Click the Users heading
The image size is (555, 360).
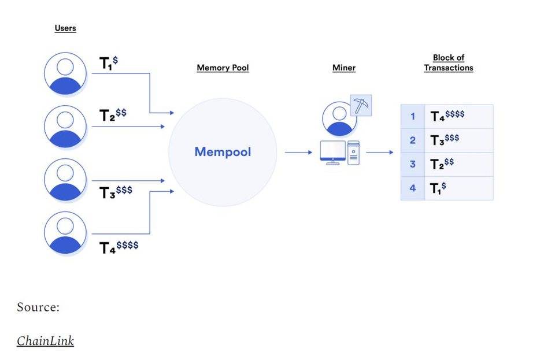pos(65,28)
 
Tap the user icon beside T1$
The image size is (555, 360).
pos(65,74)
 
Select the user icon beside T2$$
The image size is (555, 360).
pos(65,126)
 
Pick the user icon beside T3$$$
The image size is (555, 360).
pos(65,180)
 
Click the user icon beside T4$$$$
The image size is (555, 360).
pos(65,233)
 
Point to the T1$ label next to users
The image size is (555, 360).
pos(109,63)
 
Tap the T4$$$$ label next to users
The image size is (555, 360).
pos(119,247)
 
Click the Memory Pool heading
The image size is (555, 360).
pos(223,68)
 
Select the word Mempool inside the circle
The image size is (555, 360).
pos(223,152)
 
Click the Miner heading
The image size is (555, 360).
pos(343,68)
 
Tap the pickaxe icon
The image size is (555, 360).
pos(361,106)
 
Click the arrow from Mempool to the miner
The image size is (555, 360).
pos(298,153)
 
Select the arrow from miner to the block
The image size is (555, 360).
pos(379,153)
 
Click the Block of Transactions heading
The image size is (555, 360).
pos(448,63)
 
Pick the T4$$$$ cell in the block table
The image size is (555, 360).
pos(447,116)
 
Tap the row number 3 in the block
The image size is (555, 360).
pos(412,164)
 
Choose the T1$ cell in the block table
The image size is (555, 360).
pos(439,188)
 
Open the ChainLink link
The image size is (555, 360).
pos(45,341)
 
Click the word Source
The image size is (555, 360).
pos(38,307)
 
